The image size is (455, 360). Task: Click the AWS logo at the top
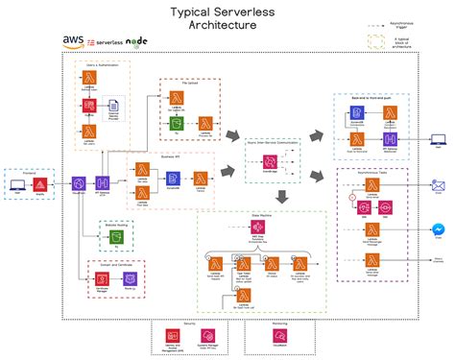pyautogui.click(x=73, y=41)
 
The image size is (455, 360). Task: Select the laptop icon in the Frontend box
pyautogui.click(x=18, y=182)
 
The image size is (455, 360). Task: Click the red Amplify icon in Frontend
pyautogui.click(x=41, y=182)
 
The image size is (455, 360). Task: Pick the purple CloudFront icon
pyautogui.click(x=79, y=182)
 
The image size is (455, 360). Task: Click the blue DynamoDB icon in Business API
pyautogui.click(x=173, y=178)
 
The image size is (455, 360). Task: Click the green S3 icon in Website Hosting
pyautogui.click(x=114, y=236)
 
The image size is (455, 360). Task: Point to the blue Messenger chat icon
pyautogui.click(x=438, y=230)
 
